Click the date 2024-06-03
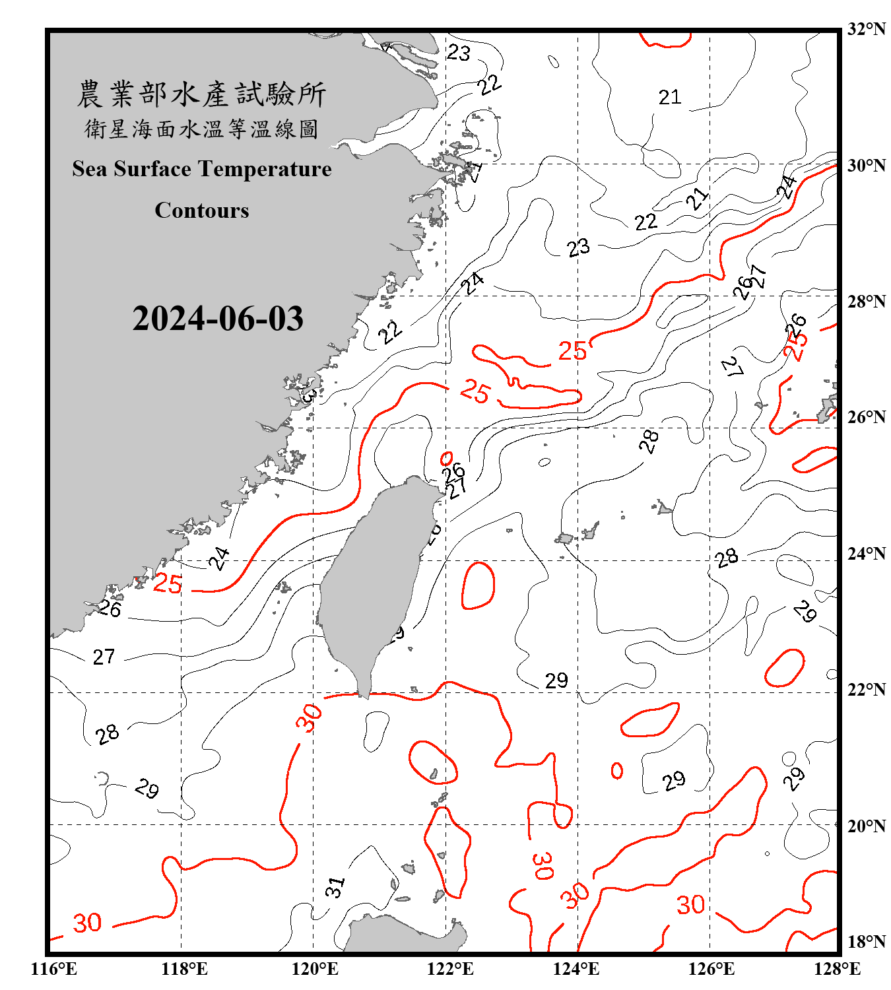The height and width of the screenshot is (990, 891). pyautogui.click(x=218, y=319)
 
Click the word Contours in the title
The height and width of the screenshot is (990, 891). pyautogui.click(x=202, y=210)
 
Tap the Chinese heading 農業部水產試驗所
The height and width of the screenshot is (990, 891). pyautogui.click(x=201, y=94)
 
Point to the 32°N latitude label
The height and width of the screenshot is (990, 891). pyautogui.click(x=866, y=29)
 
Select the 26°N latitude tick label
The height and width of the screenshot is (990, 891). pyautogui.click(x=866, y=417)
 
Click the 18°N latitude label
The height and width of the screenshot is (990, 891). pyautogui.click(x=866, y=942)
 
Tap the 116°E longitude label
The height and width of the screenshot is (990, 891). pyautogui.click(x=54, y=969)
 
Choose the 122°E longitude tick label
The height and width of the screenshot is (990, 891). pyautogui.click(x=450, y=969)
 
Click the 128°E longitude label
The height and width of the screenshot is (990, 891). pyautogui.click(x=837, y=969)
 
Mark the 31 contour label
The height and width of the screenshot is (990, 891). pyautogui.click(x=335, y=886)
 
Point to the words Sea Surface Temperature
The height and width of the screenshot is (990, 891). pyautogui.click(x=202, y=169)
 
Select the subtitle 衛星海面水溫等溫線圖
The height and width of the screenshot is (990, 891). pyautogui.click(x=201, y=129)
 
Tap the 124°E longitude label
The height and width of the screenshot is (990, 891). pyautogui.click(x=576, y=969)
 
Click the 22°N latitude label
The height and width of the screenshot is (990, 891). pyautogui.click(x=866, y=690)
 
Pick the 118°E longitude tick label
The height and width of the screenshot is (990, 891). pyautogui.click(x=184, y=969)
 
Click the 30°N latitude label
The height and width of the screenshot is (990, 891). pyautogui.click(x=866, y=166)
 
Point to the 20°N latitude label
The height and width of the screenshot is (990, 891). pyautogui.click(x=866, y=826)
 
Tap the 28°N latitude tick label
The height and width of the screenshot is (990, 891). pyautogui.click(x=866, y=302)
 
